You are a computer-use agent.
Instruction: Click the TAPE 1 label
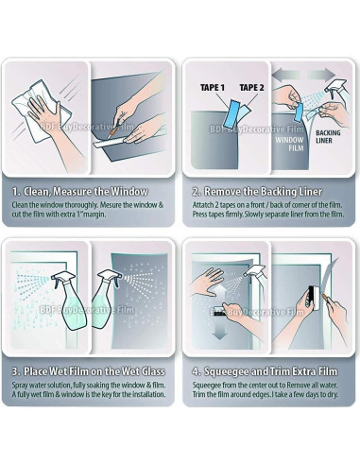pyautogui.click(x=213, y=87)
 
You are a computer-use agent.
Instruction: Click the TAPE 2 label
pyautogui.click(x=251, y=87)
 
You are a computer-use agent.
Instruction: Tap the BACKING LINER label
pyautogui.click(x=328, y=136)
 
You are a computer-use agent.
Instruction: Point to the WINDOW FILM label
pyautogui.click(x=289, y=144)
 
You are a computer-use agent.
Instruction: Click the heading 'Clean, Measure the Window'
pyautogui.click(x=85, y=191)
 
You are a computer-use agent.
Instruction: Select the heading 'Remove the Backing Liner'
pyautogui.click(x=263, y=191)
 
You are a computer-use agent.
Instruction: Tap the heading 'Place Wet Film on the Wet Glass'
pyautogui.click(x=94, y=371)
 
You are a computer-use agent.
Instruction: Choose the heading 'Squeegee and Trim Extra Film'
pyautogui.click(x=270, y=371)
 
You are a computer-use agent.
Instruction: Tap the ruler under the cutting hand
pyautogui.click(x=111, y=144)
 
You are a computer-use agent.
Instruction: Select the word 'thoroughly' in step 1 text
pyautogui.click(x=81, y=205)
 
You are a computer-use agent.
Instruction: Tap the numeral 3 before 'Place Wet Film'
pyautogui.click(x=15, y=371)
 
